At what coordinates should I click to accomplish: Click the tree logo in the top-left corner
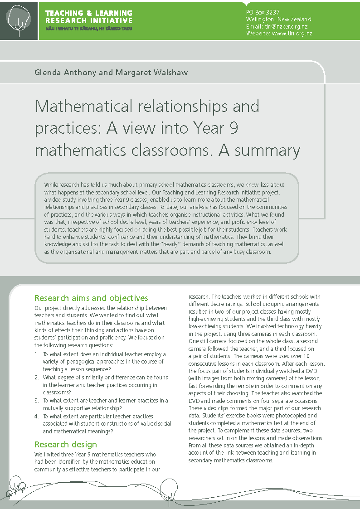point(19,19)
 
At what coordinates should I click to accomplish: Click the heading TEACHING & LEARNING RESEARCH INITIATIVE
point(89,17)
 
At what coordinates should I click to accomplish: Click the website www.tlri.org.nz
point(292,34)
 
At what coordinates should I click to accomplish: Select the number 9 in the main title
point(234,128)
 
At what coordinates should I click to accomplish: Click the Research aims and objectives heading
point(91,298)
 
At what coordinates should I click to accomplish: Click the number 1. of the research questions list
point(37,354)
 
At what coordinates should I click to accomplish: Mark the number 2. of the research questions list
point(37,378)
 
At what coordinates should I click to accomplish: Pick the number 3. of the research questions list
point(37,401)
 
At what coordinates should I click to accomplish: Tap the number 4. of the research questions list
point(37,416)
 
